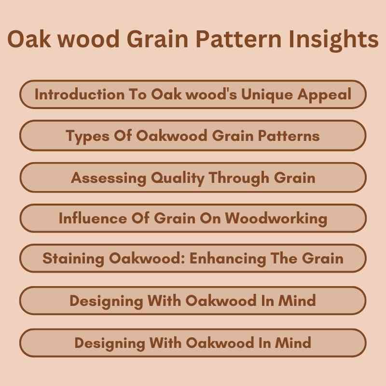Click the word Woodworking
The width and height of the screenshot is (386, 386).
[x=276, y=219]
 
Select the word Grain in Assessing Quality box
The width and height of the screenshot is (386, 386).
[x=295, y=178]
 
